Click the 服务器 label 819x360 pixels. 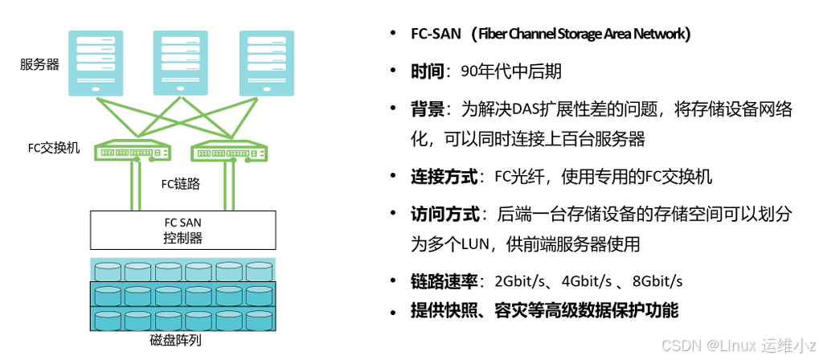point(39,64)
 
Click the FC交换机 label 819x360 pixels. point(54,149)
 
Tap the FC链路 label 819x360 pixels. point(180,184)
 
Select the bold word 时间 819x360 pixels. point(427,72)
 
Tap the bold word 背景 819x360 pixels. point(427,109)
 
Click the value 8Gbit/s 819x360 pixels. point(657,281)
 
